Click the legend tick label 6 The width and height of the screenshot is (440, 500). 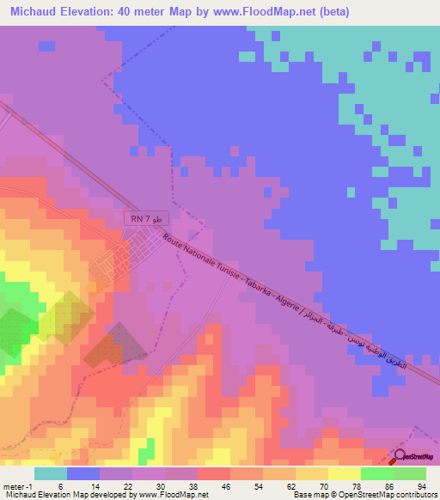60,485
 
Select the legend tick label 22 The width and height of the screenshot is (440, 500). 127,485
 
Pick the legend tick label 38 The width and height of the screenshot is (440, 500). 194,485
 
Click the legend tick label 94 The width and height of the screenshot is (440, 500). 422,485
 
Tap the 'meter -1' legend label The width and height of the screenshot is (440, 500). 17,485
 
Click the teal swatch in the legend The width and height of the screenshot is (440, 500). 50,473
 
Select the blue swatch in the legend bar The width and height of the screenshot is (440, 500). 83,473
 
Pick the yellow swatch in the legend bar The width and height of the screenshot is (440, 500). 344,473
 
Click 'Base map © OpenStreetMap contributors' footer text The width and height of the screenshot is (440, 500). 365,495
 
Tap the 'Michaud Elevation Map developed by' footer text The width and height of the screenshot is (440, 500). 67,495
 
